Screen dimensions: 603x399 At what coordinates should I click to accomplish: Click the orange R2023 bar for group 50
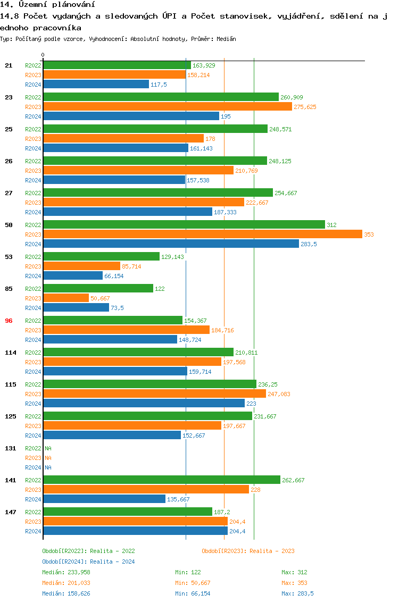[202, 234]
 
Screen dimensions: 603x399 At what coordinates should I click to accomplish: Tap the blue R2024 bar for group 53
[73, 275]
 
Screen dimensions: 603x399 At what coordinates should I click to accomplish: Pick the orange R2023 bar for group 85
[66, 298]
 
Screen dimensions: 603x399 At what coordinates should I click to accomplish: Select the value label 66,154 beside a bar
[114, 276]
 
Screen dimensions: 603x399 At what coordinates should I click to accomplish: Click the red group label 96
[9, 321]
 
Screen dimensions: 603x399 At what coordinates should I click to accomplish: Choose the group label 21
[9, 65]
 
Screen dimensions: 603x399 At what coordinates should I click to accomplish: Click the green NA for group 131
[48, 448]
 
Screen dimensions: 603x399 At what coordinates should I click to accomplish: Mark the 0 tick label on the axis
[43, 55]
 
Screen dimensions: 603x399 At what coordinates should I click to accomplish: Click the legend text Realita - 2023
[272, 551]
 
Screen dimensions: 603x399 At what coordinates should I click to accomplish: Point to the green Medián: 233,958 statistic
[66, 572]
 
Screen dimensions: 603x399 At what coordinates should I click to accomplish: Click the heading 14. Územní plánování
[44, 4]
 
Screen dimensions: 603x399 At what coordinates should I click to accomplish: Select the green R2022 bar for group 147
[128, 512]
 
